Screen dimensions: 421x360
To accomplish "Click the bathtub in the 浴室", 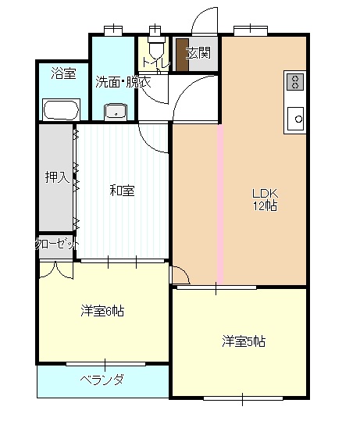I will [61, 109].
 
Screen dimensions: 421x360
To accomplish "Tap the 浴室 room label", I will [63, 74].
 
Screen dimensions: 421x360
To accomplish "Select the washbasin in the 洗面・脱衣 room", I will [116, 111].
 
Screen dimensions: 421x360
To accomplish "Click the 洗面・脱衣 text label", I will [123, 81].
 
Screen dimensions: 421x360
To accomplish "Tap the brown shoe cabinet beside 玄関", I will [180, 55].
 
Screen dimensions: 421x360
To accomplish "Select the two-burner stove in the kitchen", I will [295, 82].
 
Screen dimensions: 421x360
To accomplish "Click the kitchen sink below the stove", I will [296, 118].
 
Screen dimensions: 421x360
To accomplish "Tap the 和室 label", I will [121, 190].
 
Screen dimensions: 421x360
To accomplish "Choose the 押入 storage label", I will [56, 177].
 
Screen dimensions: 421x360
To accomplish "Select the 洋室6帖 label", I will [102, 311].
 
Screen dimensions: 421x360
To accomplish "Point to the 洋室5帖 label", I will [244, 341].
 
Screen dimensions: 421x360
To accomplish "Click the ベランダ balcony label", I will [102, 380].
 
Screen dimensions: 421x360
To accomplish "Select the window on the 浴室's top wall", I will [113, 31].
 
